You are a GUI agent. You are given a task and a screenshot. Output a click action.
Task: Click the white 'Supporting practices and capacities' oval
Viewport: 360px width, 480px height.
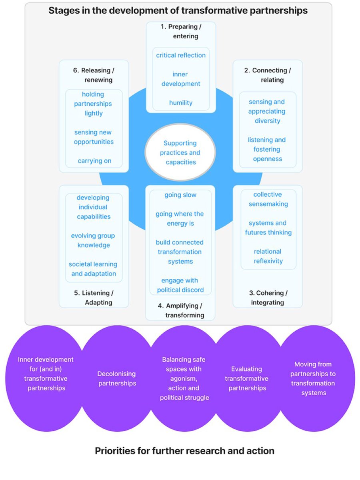(x=180, y=152)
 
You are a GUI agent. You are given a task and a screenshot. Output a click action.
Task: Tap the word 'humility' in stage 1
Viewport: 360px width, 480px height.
(x=180, y=103)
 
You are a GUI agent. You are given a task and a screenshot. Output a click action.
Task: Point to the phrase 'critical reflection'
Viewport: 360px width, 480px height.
(x=181, y=55)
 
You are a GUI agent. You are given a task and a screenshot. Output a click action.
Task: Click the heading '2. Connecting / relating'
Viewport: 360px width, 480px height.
(x=268, y=75)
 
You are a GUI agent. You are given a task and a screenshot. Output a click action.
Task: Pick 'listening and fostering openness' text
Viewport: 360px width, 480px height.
(x=267, y=149)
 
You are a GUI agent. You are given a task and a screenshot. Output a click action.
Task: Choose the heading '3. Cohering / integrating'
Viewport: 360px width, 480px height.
(x=268, y=298)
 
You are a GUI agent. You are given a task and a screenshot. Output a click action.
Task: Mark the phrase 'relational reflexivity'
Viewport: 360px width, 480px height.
(x=268, y=256)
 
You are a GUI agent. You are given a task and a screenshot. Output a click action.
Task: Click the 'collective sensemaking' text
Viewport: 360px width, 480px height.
(x=268, y=199)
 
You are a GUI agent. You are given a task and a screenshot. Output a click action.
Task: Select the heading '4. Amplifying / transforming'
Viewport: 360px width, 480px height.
(x=180, y=310)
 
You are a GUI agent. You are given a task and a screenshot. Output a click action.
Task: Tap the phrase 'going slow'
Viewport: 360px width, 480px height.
(x=180, y=195)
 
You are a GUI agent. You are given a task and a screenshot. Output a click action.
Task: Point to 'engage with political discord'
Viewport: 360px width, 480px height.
(x=180, y=285)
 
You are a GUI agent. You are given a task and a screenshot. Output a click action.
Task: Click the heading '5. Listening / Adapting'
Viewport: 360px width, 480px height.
(x=93, y=298)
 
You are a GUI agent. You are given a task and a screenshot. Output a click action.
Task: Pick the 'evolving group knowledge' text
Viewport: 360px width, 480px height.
(x=94, y=240)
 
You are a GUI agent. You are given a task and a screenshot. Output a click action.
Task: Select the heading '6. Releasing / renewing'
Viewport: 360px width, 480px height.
(x=94, y=75)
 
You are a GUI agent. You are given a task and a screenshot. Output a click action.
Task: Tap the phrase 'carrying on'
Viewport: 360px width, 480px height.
(x=94, y=161)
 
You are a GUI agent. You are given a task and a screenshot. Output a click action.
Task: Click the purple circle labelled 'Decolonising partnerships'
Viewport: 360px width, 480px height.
(x=117, y=378)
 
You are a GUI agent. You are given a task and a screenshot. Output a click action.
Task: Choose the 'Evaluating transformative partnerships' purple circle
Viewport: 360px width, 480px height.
(x=247, y=378)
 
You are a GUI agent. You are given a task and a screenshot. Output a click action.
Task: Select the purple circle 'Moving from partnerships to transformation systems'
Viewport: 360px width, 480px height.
(x=313, y=378)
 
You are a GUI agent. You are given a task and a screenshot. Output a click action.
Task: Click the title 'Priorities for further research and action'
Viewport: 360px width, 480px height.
(x=184, y=451)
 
